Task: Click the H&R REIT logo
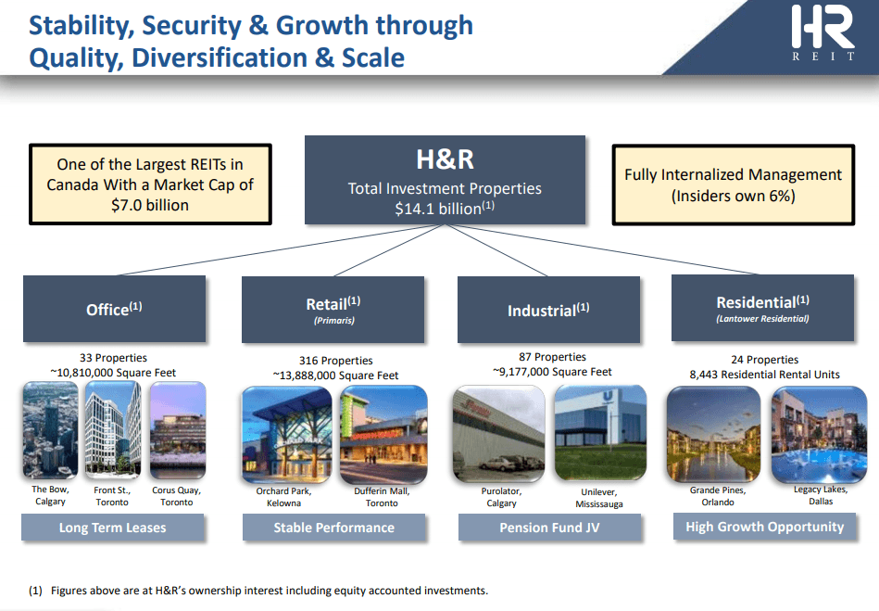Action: point(822,32)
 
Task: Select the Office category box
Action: point(114,309)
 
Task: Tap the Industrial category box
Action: point(548,309)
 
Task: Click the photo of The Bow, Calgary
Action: point(50,430)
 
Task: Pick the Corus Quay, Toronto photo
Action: point(178,430)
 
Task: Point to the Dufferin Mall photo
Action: point(383,435)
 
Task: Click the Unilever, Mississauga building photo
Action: point(600,433)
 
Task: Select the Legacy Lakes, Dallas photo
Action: point(819,435)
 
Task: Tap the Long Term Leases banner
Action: point(113,528)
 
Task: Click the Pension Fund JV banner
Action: point(549,528)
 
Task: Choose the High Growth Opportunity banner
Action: point(765,527)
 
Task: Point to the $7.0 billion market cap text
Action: point(150,205)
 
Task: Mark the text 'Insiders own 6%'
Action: point(734,196)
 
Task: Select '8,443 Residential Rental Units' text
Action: point(765,375)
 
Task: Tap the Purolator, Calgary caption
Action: point(501,497)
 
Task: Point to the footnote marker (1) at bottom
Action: point(35,591)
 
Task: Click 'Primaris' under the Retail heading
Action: point(334,321)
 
